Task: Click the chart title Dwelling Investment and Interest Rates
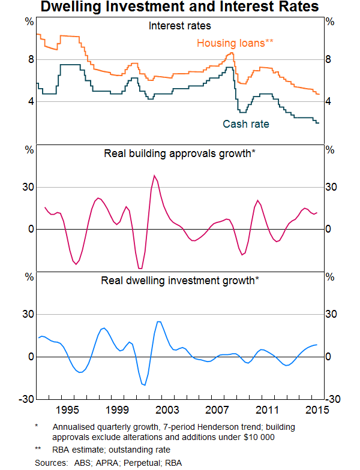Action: (180, 8)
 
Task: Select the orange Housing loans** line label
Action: (235, 43)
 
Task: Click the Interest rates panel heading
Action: (180, 26)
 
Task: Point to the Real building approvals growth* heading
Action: (180, 153)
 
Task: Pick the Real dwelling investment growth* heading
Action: (180, 280)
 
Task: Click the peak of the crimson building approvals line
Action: (155, 176)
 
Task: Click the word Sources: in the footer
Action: (50, 463)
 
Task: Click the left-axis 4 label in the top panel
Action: (28, 101)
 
